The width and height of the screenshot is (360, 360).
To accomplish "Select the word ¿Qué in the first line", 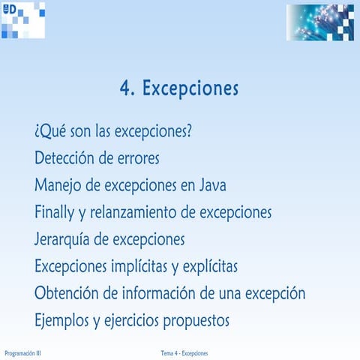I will (49, 131).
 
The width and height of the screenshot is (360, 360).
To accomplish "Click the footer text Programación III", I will (22, 352).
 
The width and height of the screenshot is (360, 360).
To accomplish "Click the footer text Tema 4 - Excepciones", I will (184, 352).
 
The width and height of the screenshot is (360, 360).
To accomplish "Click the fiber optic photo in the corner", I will (319, 22).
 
